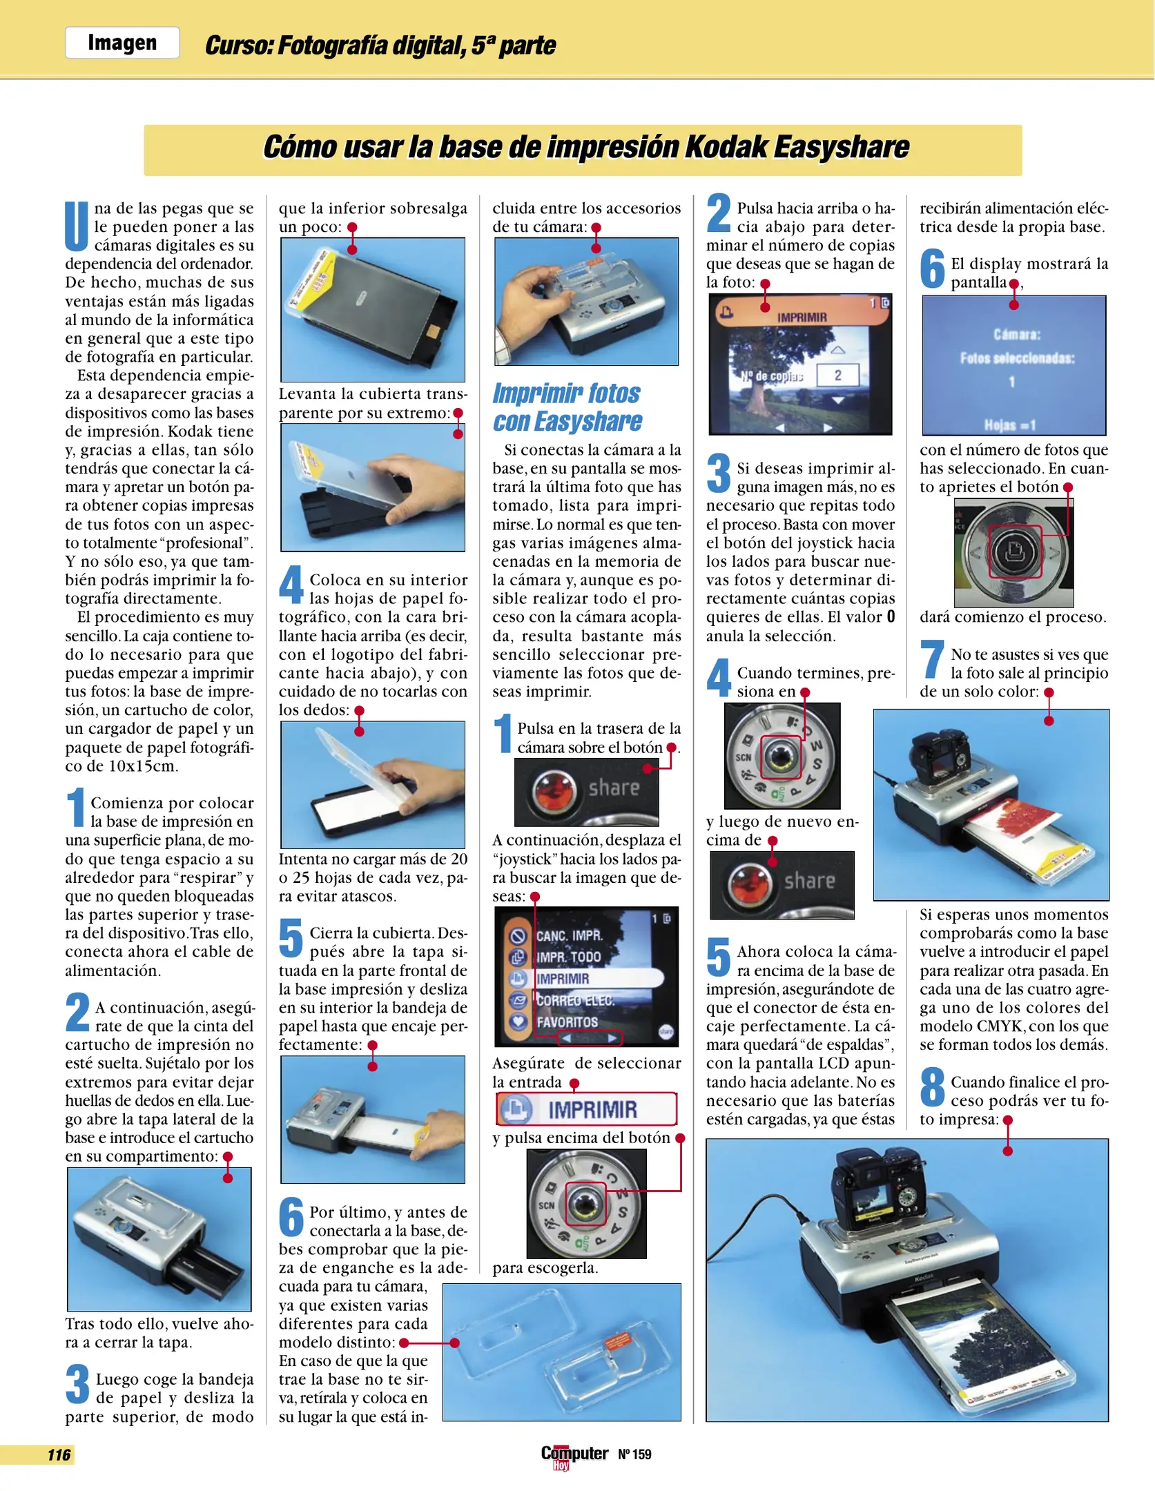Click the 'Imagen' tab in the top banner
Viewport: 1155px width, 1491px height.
tap(122, 43)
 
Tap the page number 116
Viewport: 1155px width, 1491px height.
tap(59, 1455)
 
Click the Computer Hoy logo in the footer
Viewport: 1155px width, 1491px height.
tap(574, 1456)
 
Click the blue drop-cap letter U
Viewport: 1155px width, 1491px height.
tap(77, 226)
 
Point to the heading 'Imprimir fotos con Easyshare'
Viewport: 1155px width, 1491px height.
tap(567, 407)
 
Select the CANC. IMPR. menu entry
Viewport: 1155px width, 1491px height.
tap(568, 936)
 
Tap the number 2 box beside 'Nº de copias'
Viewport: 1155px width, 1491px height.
tap(837, 376)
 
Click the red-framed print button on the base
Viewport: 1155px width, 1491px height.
tap(1015, 552)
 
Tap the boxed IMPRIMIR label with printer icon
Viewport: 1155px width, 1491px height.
tap(585, 1109)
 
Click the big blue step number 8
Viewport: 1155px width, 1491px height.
tap(933, 1086)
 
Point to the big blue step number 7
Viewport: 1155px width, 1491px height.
tap(932, 659)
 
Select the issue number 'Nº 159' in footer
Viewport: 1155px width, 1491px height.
tap(634, 1454)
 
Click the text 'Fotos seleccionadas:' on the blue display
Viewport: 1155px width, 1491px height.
tap(1016, 358)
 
